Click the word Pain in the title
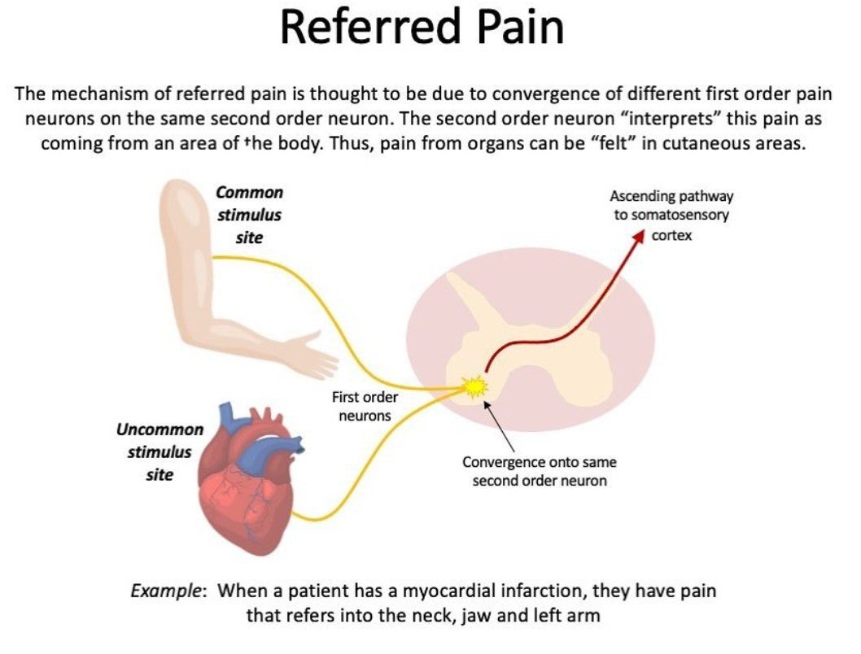521,28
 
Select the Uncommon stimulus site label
160,451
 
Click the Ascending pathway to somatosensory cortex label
671,216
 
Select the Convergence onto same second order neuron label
539,471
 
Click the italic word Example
167,591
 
